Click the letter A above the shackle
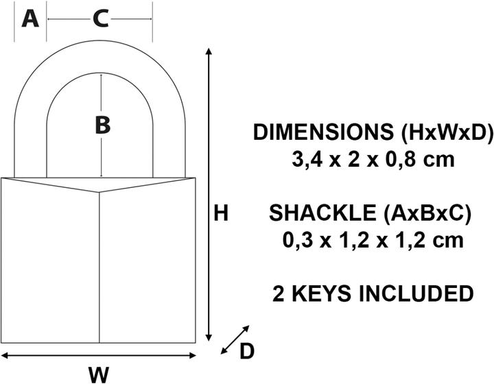pyautogui.click(x=30, y=19)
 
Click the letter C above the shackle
pyautogui.click(x=100, y=19)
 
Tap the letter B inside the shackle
pyautogui.click(x=102, y=125)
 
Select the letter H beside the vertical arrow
pyautogui.click(x=220, y=214)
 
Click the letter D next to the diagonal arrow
pyautogui.click(x=247, y=351)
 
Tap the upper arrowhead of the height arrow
pyautogui.click(x=209, y=53)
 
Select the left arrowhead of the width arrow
pyautogui.click(x=5, y=355)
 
